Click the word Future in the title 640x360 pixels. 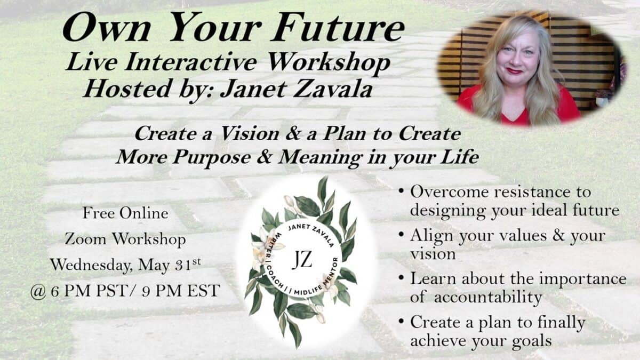pyautogui.click(x=338, y=28)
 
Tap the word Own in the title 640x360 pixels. pyautogui.click(x=106, y=28)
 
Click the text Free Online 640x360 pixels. pyautogui.click(x=125, y=213)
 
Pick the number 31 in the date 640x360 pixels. pyautogui.click(x=182, y=266)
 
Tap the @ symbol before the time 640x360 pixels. pyautogui.click(x=38, y=292)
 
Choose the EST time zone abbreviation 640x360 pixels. pyautogui.click(x=204, y=291)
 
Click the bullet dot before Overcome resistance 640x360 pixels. pyautogui.click(x=402, y=190)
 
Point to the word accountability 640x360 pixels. pyautogui.click(x=487, y=298)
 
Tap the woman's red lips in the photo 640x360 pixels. pyautogui.click(x=514, y=70)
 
